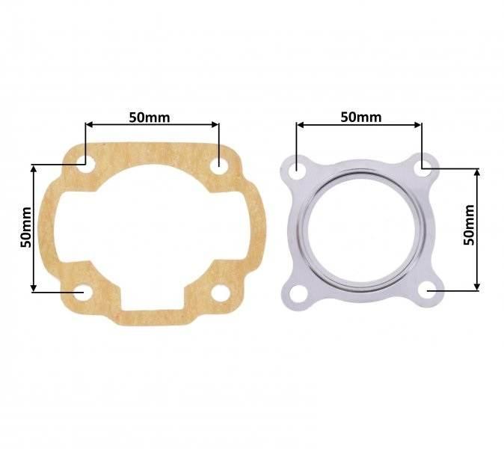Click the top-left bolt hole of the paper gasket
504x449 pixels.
point(85,164)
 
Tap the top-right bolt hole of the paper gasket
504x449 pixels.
point(219,166)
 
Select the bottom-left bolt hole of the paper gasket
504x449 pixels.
point(83,293)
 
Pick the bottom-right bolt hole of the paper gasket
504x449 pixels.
point(221,293)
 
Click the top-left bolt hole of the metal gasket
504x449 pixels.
point(297,168)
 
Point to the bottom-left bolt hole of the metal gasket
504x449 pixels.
point(297,294)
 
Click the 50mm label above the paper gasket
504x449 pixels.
point(150,117)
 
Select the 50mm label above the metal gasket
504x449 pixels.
point(361,117)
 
